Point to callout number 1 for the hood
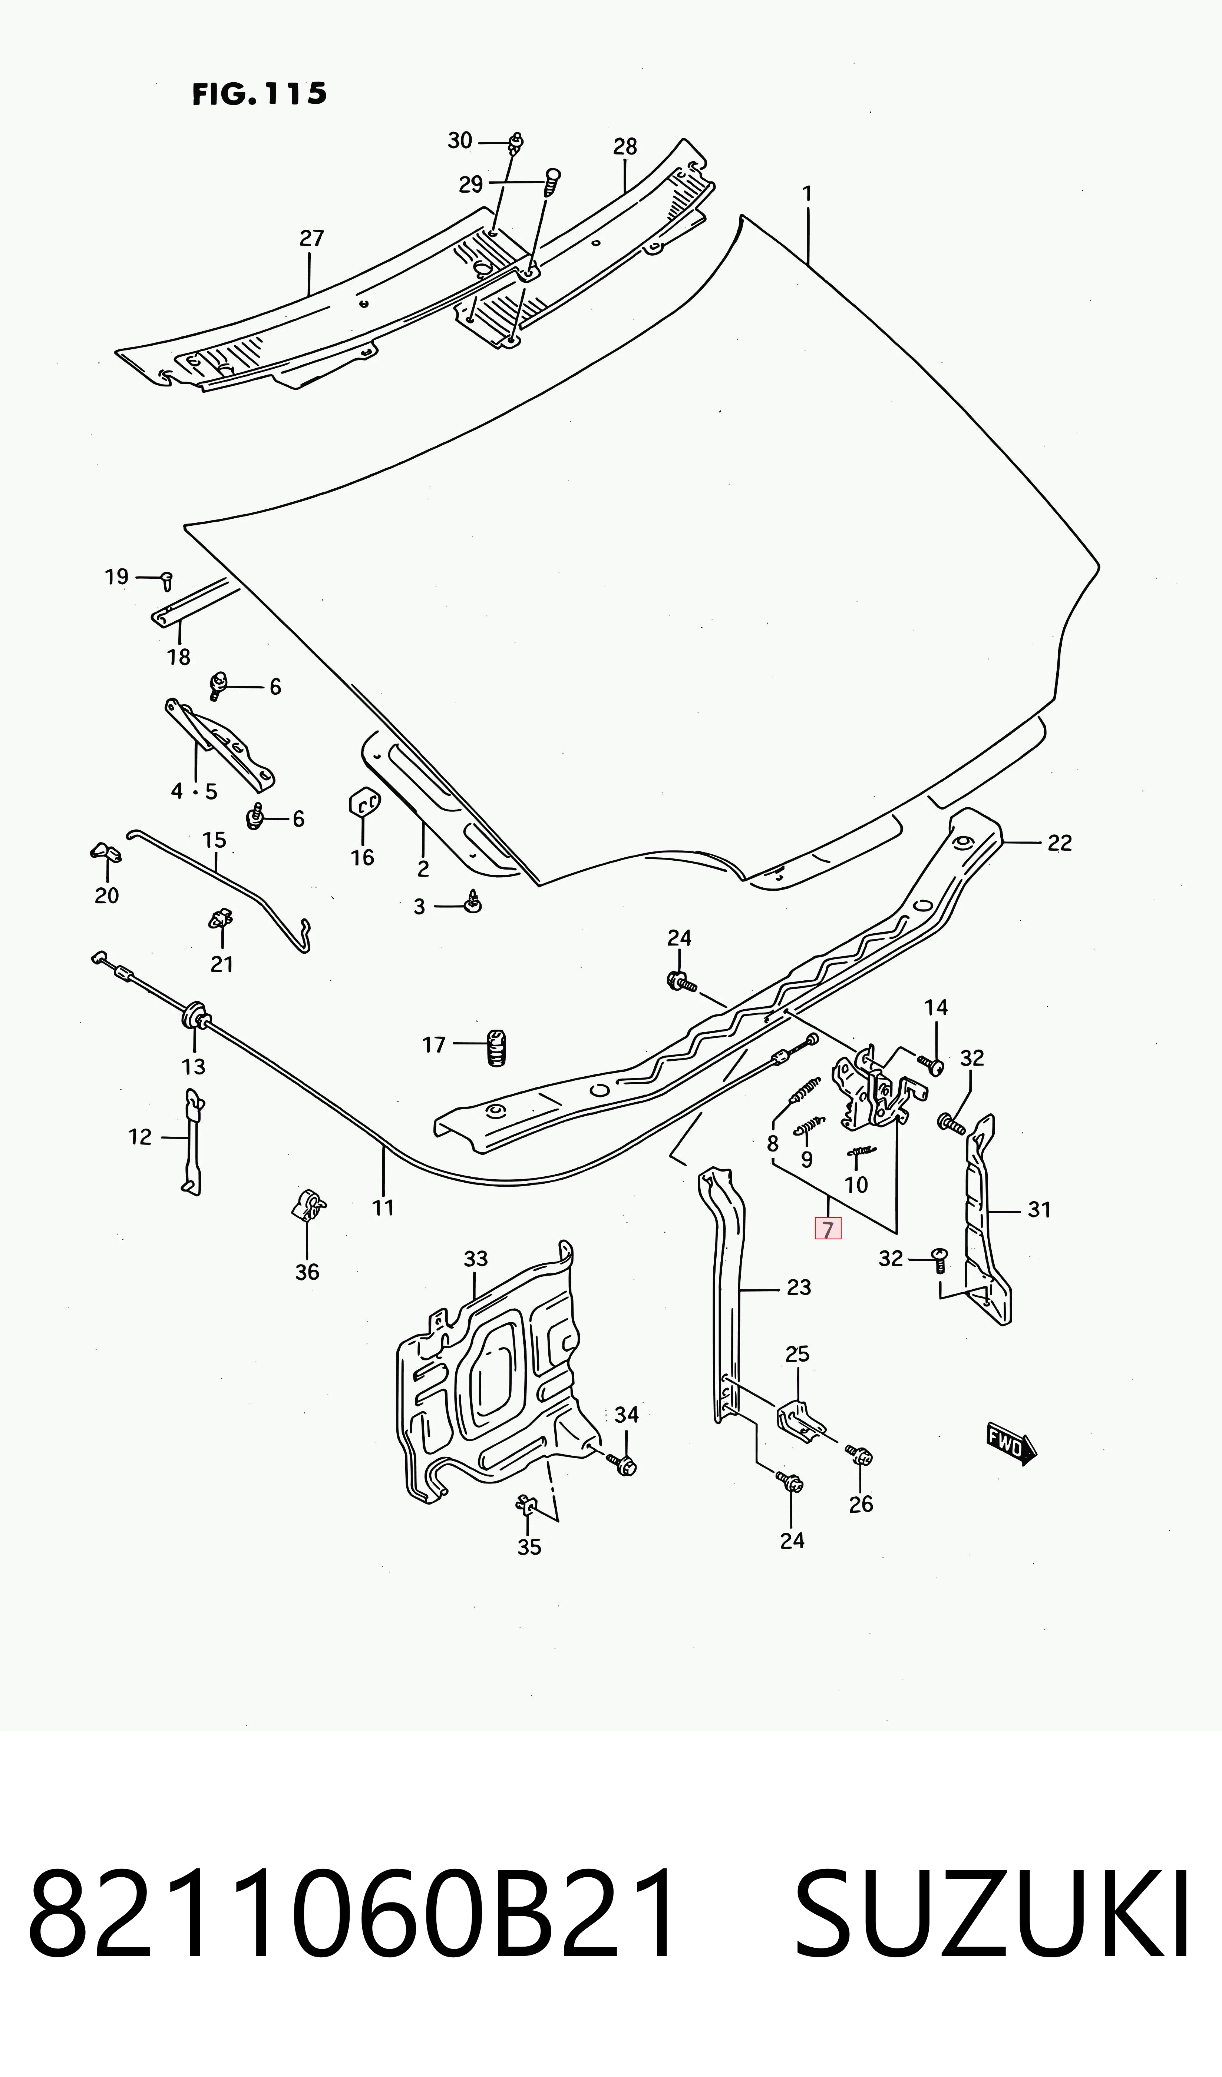coord(807,194)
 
